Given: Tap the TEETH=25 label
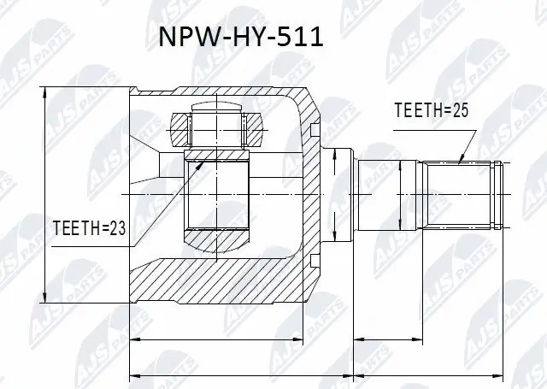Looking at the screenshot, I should [432, 110].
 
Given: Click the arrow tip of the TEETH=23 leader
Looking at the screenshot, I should [189, 166].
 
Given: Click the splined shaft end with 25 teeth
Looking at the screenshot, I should [462, 196].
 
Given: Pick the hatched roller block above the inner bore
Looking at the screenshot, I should [218, 129].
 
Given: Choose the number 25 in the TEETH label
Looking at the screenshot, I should [461, 110].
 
